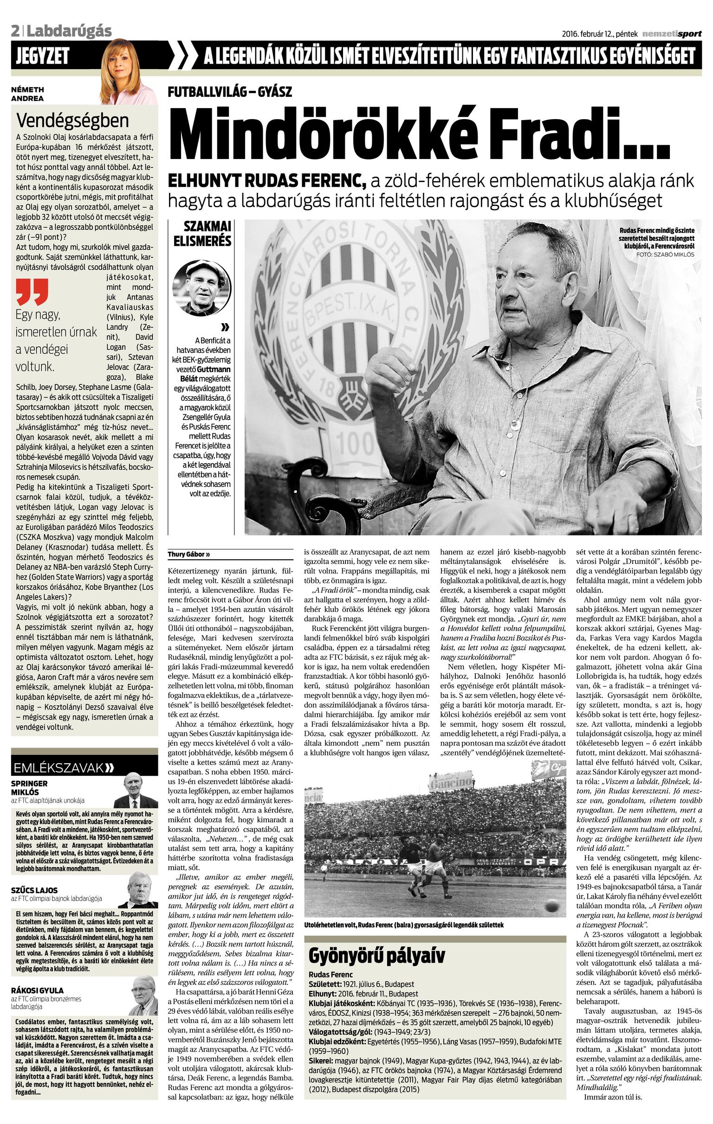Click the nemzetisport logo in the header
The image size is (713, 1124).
click(671, 33)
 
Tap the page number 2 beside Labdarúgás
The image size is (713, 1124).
click(15, 31)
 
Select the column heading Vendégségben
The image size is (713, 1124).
click(72, 121)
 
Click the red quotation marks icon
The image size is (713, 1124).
click(32, 292)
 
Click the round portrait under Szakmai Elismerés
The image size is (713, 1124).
click(201, 288)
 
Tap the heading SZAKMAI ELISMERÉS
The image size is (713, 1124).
click(202, 233)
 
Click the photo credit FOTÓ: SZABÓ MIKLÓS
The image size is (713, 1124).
click(665, 255)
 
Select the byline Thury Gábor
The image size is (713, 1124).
click(189, 555)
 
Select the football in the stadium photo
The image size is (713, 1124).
click(552, 906)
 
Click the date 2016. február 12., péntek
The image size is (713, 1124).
click(600, 33)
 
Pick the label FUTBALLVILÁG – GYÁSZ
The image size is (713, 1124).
click(229, 91)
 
